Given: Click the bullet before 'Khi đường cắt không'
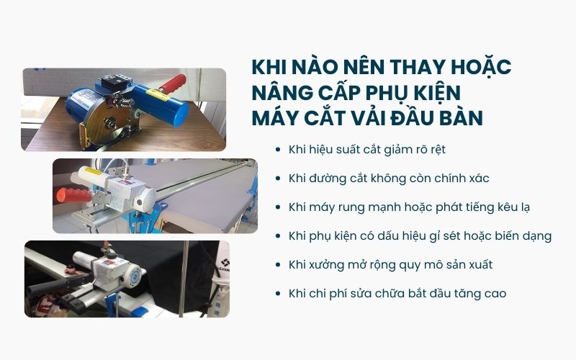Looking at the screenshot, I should [x=278, y=179].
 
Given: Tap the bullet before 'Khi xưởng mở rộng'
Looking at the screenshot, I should [x=278, y=265].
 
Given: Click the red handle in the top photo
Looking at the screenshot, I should [x=172, y=85].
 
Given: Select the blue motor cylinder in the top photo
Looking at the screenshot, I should [x=83, y=109].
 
